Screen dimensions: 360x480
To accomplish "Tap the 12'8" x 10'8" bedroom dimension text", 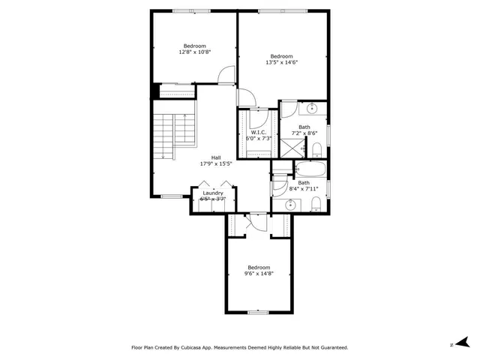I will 194,52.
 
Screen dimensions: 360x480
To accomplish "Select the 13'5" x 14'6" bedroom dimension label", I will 281,63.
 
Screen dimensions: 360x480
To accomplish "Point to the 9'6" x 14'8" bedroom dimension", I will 259,274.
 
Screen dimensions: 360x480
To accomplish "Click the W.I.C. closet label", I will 259,132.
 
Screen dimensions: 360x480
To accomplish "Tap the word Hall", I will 216,157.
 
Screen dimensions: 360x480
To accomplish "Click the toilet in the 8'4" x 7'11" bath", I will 316,204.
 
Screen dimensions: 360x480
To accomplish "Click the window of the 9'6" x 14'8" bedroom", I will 258,312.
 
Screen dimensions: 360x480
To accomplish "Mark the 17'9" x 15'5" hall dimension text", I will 216,163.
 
